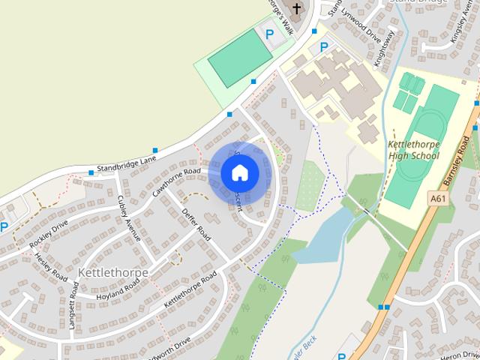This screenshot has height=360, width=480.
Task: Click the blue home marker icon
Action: [x=239, y=173]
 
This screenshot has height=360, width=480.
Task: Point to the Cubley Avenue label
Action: [x=129, y=217]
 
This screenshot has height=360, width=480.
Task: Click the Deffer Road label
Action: [x=197, y=222]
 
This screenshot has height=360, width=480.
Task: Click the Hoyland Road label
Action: [x=118, y=290]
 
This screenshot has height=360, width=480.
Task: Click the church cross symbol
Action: [x=296, y=10]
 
